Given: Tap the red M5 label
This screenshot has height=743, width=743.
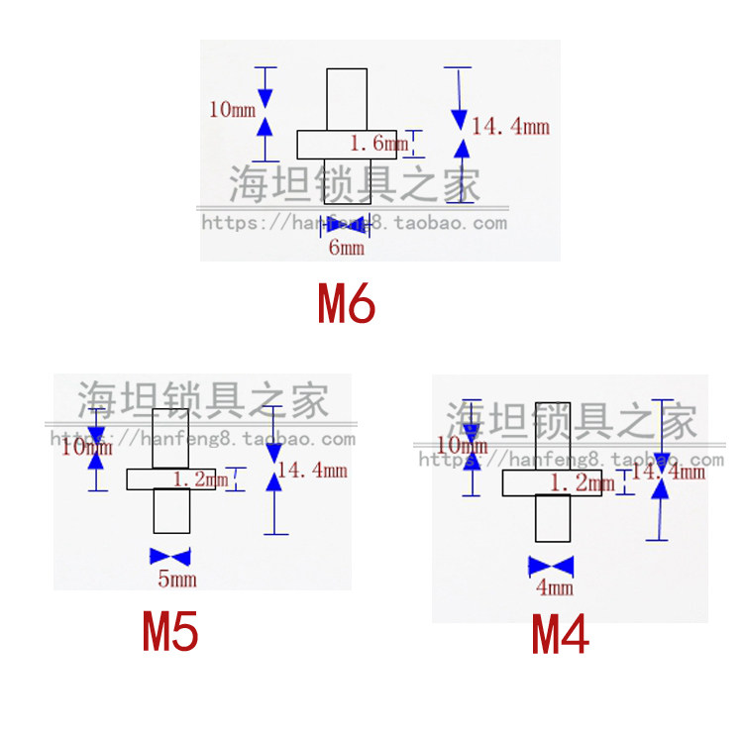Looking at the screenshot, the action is (171, 633).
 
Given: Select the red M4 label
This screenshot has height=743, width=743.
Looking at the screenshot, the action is (561, 635).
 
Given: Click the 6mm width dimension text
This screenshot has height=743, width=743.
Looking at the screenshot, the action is (346, 248).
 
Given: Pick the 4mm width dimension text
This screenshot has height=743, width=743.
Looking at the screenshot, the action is (554, 588).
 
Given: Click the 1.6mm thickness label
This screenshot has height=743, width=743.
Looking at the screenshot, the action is (378, 145).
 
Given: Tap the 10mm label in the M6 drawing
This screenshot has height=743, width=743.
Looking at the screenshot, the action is (231, 109).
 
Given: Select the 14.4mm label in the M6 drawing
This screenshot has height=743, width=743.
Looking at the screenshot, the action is (510, 127).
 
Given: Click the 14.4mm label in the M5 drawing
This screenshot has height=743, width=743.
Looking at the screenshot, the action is (312, 472).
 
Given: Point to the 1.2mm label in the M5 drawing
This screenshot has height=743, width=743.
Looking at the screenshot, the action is (200, 479).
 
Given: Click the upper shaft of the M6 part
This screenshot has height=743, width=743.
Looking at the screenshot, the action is (347, 99).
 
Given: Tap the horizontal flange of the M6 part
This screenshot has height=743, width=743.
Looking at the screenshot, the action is (327, 145).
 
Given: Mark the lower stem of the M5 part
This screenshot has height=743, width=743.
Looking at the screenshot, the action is (170, 511).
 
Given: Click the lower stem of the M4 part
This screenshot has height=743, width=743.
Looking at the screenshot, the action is (554, 518).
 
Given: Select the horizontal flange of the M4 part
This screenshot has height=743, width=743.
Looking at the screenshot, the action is (525, 483).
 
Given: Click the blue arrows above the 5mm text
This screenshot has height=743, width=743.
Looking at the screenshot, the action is (168, 556).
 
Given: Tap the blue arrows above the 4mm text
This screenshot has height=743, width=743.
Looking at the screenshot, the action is (552, 566).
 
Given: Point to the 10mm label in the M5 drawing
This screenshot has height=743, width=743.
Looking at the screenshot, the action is (86, 448).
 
